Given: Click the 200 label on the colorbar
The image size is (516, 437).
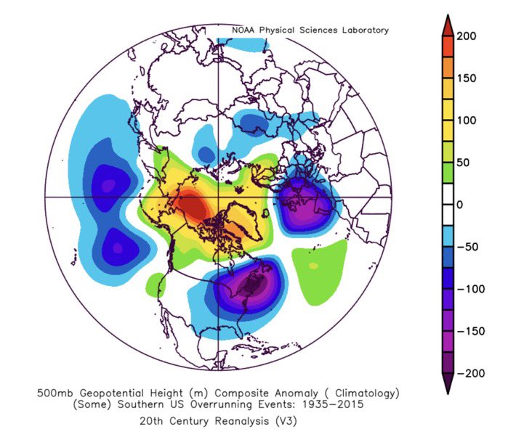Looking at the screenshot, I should (467, 37).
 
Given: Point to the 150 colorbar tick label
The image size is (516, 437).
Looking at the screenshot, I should (467, 78).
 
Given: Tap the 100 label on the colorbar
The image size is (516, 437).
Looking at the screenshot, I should (467, 121).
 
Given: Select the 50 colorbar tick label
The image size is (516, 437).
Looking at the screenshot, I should (464, 163).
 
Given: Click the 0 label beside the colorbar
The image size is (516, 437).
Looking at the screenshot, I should (459, 205).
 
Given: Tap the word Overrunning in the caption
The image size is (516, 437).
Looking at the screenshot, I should (209, 405).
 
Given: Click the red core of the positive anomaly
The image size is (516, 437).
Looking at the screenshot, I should (194, 207).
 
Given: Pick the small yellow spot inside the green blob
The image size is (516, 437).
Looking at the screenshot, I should (313, 266).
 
